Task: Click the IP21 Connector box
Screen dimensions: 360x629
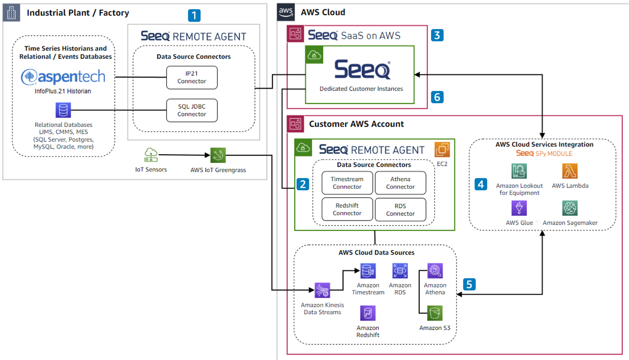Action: click(192, 77)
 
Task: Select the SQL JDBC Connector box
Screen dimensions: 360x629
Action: click(192, 110)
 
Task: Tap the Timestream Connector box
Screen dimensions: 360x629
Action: click(347, 183)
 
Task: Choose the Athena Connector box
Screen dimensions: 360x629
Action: click(400, 183)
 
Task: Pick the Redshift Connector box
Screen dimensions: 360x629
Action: click(347, 210)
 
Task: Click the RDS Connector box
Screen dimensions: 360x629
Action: click(400, 210)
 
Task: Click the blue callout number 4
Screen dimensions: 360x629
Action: click(481, 185)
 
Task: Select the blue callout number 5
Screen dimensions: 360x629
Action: click(469, 284)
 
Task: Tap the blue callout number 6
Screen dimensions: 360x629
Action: click(437, 97)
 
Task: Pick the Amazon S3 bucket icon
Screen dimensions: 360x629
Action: click(435, 314)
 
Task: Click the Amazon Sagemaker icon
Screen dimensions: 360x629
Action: click(570, 208)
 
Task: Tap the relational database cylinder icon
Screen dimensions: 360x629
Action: click(63, 110)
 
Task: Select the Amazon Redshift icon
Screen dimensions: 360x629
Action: click(367, 314)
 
